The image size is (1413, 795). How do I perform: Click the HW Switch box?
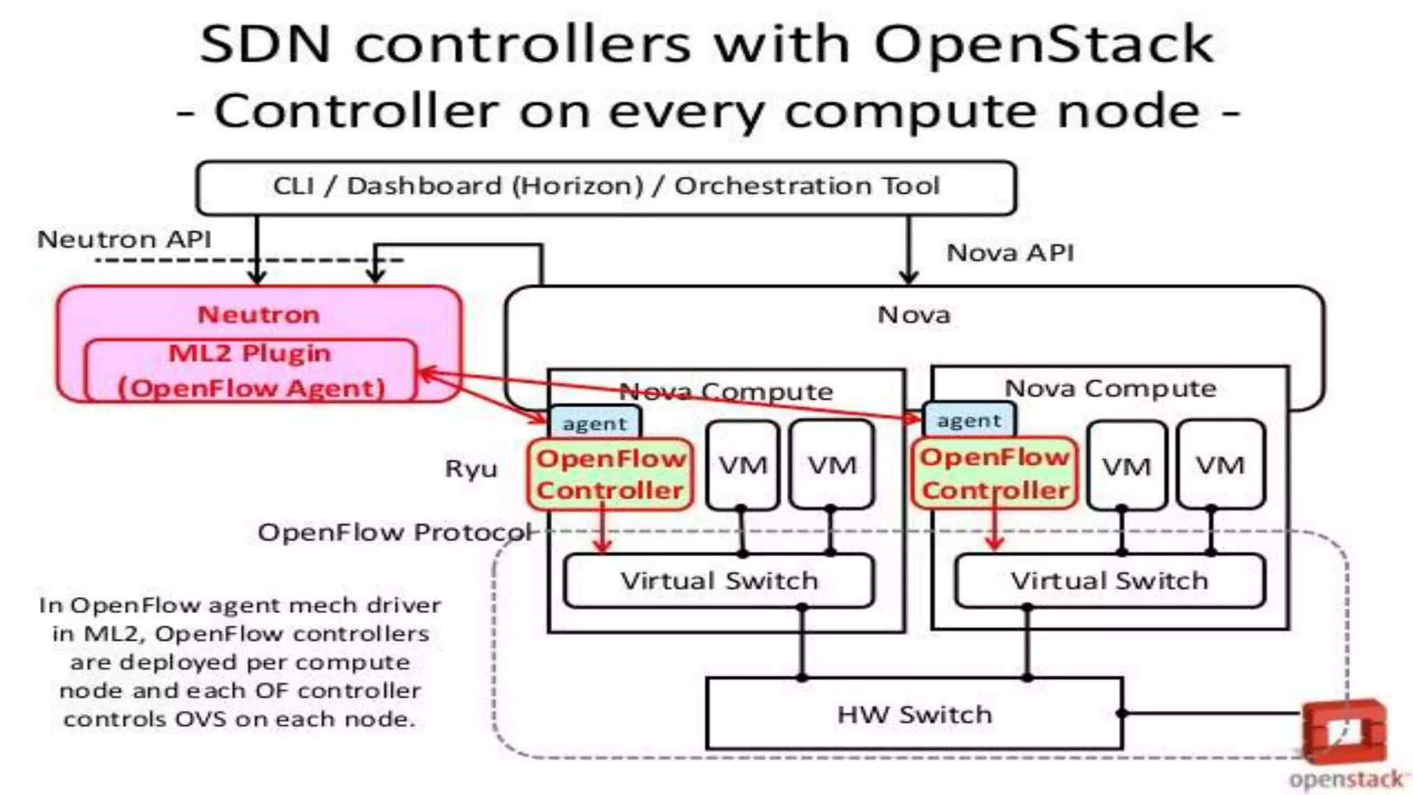click(x=914, y=714)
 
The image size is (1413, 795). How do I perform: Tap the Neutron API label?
click(x=124, y=239)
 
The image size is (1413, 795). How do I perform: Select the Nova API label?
click(x=1010, y=253)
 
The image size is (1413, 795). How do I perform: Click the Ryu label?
click(x=471, y=469)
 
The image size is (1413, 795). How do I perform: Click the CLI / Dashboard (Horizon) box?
click(x=606, y=186)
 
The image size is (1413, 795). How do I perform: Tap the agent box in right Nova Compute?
click(x=969, y=420)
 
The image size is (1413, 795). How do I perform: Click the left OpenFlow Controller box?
click(x=610, y=474)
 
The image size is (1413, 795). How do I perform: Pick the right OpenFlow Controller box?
click(x=994, y=473)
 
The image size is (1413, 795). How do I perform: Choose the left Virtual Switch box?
click(x=719, y=580)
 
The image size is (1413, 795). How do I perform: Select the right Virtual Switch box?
click(x=1109, y=580)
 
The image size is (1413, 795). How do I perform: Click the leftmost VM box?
click(x=742, y=465)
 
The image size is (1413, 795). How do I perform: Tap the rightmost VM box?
click(x=1220, y=464)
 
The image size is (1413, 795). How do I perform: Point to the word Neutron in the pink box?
click(x=259, y=315)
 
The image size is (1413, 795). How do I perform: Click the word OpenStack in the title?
click(x=1043, y=44)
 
